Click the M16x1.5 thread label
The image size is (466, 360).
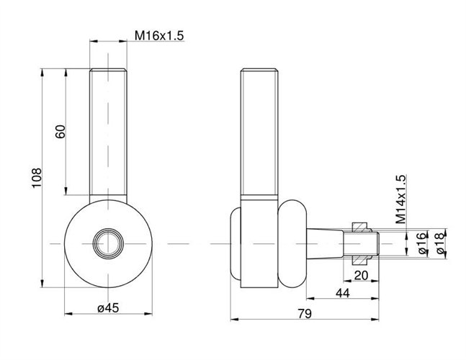(x=159, y=35)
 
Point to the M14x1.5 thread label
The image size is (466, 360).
(x=400, y=199)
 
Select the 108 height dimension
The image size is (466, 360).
(x=37, y=178)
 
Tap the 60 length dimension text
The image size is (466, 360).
(x=60, y=132)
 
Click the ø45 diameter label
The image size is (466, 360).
(x=108, y=307)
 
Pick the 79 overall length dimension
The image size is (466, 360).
(x=305, y=313)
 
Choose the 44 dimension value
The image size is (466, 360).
(x=343, y=293)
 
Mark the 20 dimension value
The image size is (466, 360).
(x=361, y=275)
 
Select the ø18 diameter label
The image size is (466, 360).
(x=441, y=243)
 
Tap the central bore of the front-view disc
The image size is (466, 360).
(x=108, y=243)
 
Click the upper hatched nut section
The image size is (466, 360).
(x=360, y=227)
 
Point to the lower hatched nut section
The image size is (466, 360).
(x=360, y=260)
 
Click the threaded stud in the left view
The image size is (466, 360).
(x=108, y=132)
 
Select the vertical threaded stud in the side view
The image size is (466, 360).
(x=259, y=132)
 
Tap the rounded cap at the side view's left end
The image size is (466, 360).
(x=236, y=243)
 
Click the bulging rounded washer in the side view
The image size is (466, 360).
(x=292, y=243)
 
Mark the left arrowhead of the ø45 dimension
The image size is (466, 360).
(x=68, y=314)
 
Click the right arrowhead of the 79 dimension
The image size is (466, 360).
(x=375, y=319)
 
